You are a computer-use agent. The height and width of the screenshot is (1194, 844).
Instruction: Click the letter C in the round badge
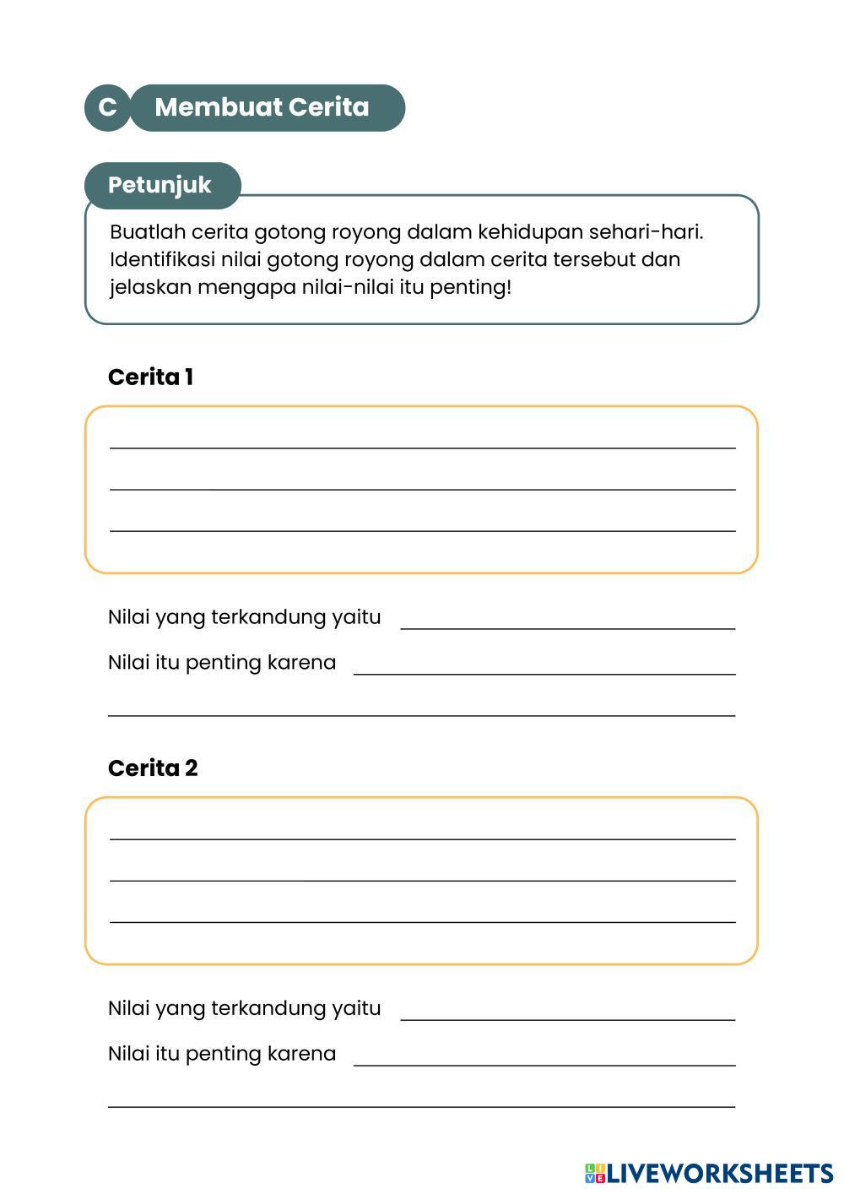pyautogui.click(x=107, y=108)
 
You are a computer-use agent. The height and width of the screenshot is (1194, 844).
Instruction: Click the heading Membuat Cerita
pyautogui.click(x=262, y=108)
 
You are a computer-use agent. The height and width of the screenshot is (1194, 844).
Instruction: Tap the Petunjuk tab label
pyautogui.click(x=160, y=185)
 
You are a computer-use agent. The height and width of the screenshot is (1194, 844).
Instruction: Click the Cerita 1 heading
pyautogui.click(x=150, y=377)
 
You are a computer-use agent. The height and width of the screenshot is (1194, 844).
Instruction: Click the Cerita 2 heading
pyautogui.click(x=153, y=768)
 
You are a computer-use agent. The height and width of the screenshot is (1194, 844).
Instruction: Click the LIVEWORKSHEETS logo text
pyautogui.click(x=720, y=1173)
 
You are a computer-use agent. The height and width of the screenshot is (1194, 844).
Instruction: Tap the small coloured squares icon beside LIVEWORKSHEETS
pyautogui.click(x=594, y=1173)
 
